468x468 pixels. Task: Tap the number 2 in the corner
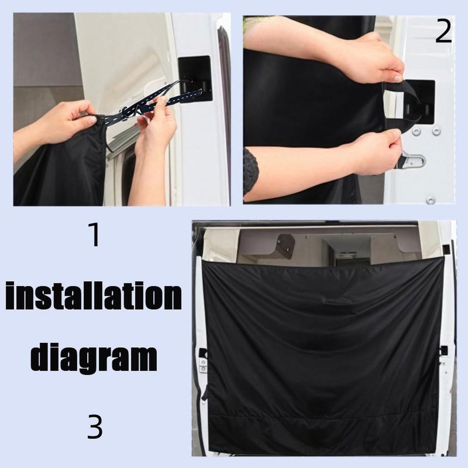pyautogui.click(x=443, y=32)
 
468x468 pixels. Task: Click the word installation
pyautogui.click(x=94, y=297)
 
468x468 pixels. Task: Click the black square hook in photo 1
pyautogui.click(x=195, y=79)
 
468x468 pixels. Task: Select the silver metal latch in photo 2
pyautogui.click(x=414, y=160)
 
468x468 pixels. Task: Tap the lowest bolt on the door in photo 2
pyautogui.click(x=430, y=200)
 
